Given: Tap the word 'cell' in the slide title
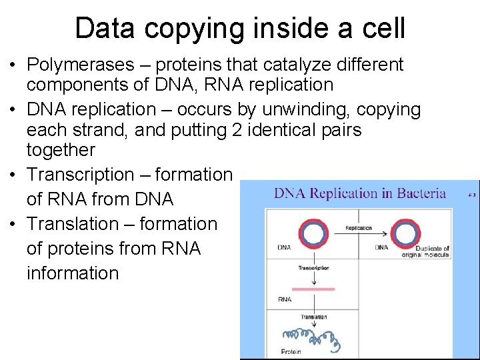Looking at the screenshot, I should click(x=383, y=29).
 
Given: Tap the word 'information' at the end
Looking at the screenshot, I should click(x=73, y=273).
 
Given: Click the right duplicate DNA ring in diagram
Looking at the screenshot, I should click(x=404, y=235).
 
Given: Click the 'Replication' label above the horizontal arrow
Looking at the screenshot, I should click(x=359, y=228).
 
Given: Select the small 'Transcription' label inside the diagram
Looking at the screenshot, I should click(x=313, y=268).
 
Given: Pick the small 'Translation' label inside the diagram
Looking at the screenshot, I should click(x=313, y=317).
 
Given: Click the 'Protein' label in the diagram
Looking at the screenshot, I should click(x=291, y=351).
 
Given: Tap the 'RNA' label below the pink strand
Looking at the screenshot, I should click(x=285, y=299).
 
